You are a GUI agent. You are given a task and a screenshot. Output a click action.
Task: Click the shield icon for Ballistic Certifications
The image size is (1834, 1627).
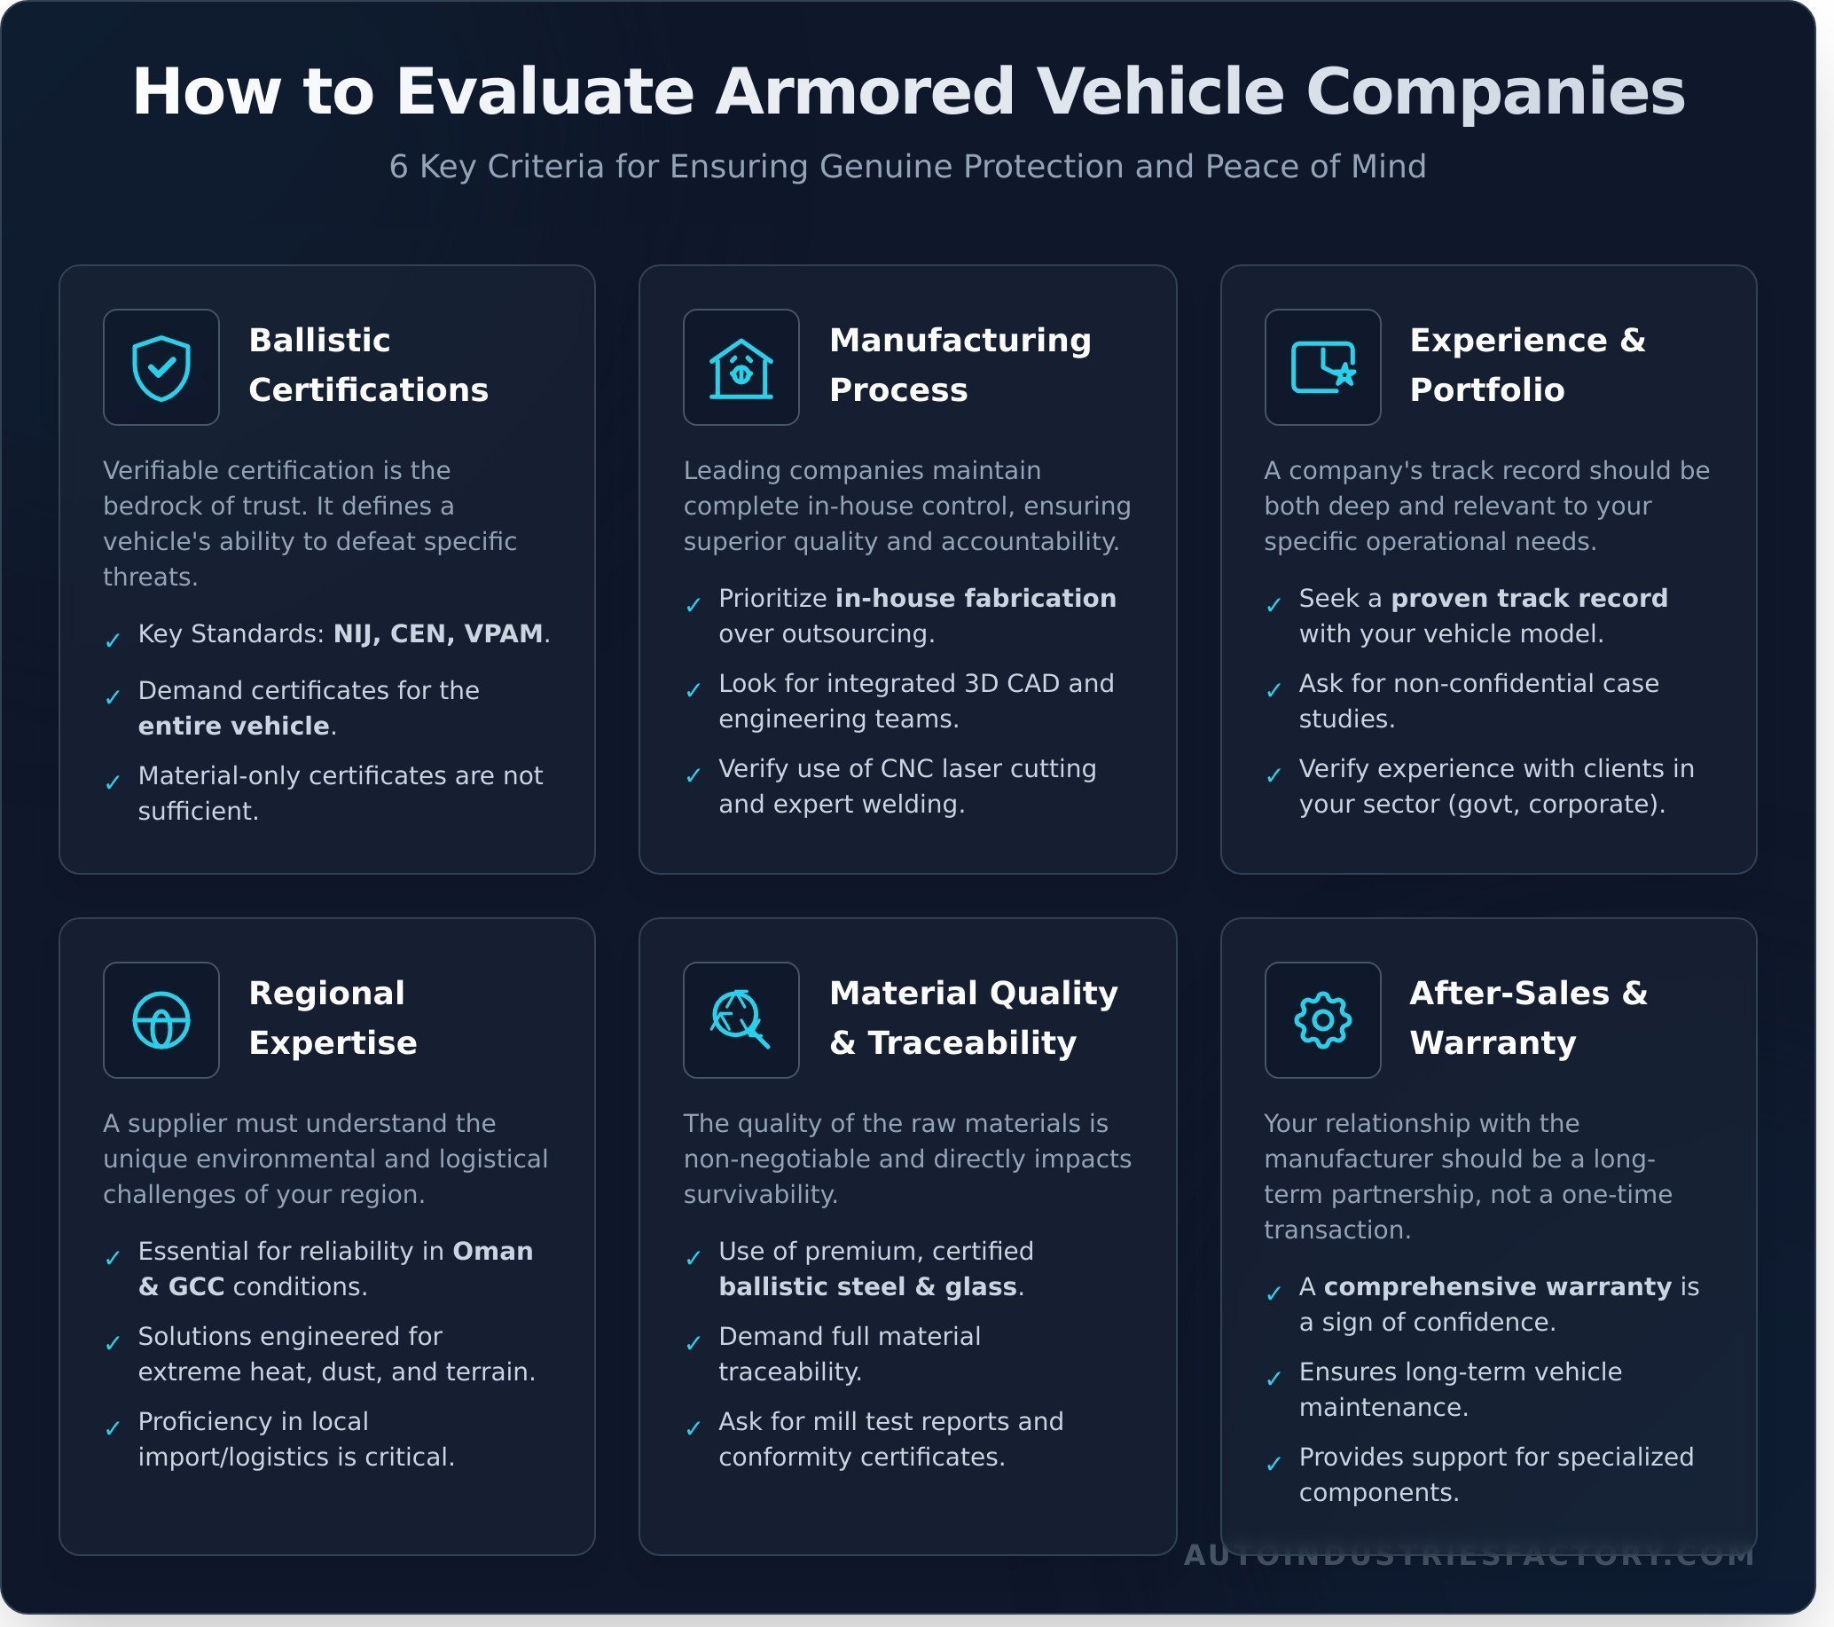(x=161, y=367)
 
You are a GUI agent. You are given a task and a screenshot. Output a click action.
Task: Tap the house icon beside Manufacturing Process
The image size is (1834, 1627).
(x=741, y=367)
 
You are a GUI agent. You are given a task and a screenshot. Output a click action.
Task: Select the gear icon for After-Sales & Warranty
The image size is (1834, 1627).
(x=1322, y=1020)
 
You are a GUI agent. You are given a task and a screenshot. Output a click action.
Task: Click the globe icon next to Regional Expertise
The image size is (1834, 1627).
(x=161, y=1020)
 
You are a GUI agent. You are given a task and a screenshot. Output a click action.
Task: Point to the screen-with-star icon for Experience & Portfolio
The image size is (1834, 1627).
(x=1322, y=367)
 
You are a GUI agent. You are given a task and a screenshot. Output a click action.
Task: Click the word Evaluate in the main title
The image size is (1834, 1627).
(x=545, y=91)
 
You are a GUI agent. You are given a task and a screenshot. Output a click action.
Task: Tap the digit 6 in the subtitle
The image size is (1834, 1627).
(x=398, y=167)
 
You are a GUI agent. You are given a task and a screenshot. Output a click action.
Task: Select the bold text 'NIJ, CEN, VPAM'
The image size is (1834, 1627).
(x=438, y=633)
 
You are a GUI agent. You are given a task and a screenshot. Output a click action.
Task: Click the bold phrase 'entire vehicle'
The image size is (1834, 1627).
(x=233, y=726)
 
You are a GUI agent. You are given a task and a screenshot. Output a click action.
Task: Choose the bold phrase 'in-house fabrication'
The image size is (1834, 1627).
(x=976, y=599)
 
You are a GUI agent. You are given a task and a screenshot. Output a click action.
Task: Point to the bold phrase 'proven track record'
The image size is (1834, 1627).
(x=1529, y=599)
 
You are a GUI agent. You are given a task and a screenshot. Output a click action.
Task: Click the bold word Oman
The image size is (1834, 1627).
(x=492, y=1251)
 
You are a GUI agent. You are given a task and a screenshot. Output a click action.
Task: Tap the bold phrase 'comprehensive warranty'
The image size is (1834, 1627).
(x=1498, y=1287)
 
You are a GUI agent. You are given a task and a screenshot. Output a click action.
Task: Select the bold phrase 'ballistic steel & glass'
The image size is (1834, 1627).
(x=867, y=1287)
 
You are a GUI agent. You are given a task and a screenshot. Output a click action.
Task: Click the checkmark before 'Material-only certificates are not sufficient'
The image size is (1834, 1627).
(x=113, y=782)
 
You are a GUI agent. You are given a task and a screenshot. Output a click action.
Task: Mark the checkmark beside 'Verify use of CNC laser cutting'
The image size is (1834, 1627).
(x=694, y=775)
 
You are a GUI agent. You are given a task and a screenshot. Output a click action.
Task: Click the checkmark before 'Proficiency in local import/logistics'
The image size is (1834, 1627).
(x=113, y=1428)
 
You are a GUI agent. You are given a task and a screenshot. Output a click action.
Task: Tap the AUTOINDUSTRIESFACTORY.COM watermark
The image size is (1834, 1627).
(x=1469, y=1555)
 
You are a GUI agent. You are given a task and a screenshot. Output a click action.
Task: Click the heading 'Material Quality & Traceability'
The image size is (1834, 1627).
(x=974, y=1018)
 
